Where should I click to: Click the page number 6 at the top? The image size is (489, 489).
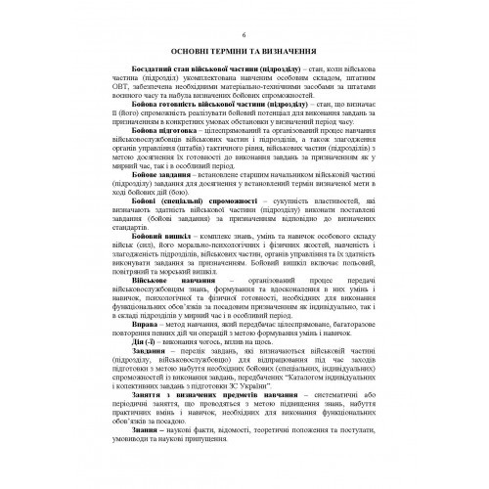click(x=244, y=33)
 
